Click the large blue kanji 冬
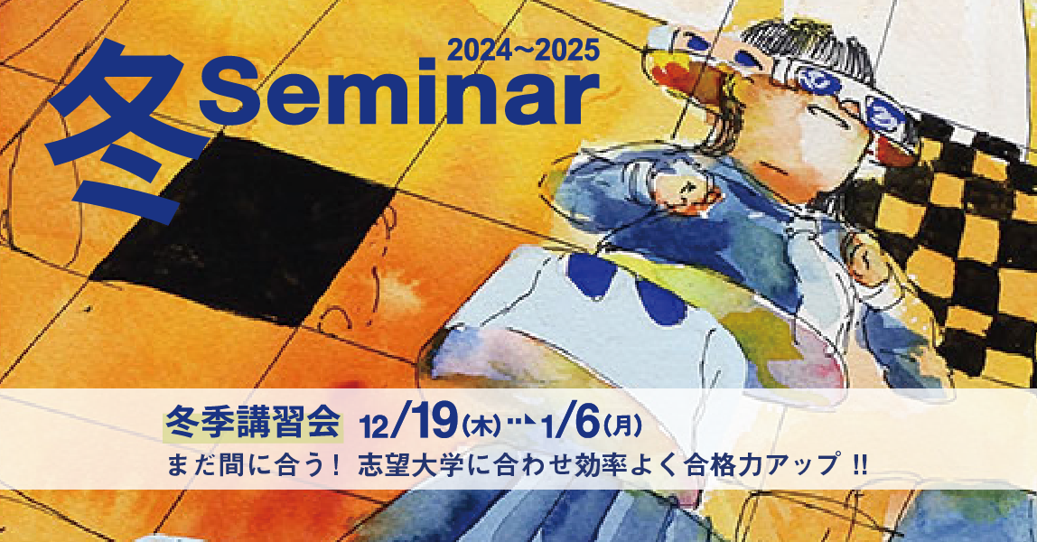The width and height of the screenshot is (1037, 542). [x=126, y=131]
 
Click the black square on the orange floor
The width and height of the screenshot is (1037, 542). [x=244, y=235]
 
